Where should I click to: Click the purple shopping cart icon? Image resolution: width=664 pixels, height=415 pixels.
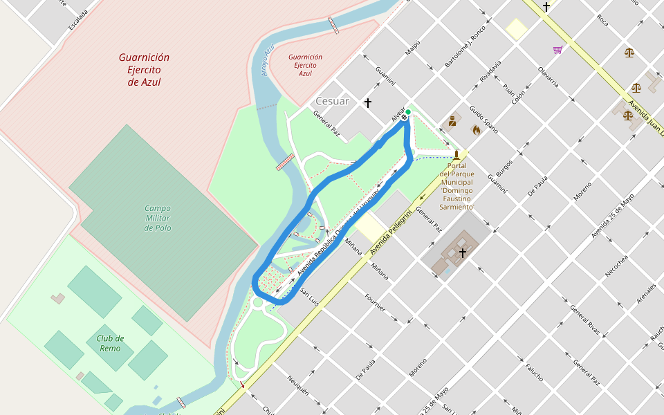[x=557, y=50]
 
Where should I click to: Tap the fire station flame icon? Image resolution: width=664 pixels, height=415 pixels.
[x=476, y=129]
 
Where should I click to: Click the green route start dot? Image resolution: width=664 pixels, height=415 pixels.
[x=408, y=112]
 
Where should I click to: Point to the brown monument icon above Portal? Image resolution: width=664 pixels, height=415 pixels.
[x=456, y=154]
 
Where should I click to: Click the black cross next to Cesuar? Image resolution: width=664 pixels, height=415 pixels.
[x=368, y=103]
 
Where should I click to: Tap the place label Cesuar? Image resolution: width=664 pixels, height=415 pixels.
[x=333, y=101]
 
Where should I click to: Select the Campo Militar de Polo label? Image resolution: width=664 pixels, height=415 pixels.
[x=158, y=218]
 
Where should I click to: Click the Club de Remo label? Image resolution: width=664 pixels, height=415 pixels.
[x=110, y=343]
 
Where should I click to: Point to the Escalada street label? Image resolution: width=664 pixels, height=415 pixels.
[x=78, y=20]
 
